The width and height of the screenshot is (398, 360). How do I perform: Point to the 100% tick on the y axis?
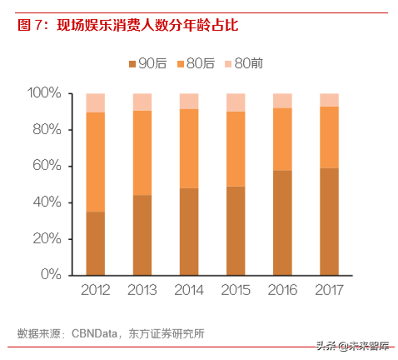tap(44, 93)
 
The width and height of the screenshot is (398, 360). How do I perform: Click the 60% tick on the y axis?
tap(47, 166)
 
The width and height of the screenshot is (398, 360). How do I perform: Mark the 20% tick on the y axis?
tap(47, 238)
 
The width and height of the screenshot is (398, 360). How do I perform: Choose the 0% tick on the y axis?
tap(51, 274)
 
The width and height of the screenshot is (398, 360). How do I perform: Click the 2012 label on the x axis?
tap(96, 291)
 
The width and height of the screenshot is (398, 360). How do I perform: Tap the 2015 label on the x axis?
tap(236, 291)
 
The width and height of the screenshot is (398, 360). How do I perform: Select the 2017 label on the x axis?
tap(330, 291)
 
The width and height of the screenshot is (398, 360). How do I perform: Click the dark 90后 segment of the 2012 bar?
tap(96, 242)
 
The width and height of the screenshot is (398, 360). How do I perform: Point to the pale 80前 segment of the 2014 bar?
tap(189, 101)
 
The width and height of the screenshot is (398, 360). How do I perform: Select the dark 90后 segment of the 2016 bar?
tap(283, 222)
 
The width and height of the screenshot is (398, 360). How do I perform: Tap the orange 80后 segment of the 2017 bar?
tap(330, 137)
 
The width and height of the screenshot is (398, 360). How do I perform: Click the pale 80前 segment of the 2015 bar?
tap(236, 102)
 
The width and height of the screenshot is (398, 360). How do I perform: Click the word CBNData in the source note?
tap(95, 333)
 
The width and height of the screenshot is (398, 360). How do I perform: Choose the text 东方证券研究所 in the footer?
tap(167, 333)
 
